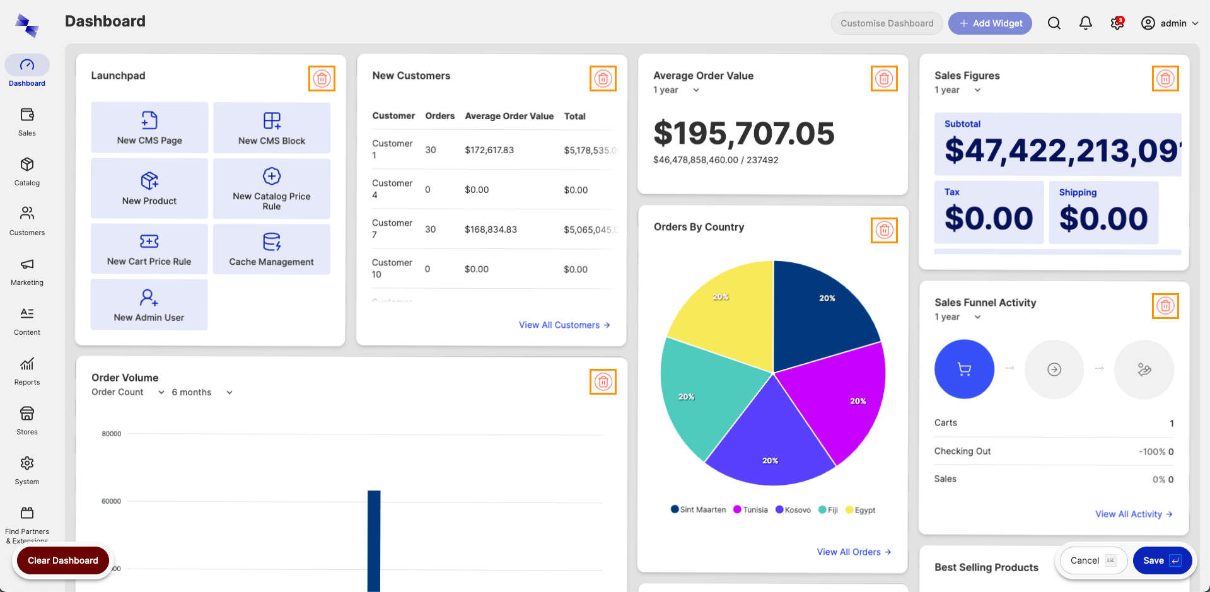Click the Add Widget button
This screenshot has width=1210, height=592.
pyautogui.click(x=990, y=23)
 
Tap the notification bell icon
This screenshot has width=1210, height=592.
pyautogui.click(x=1085, y=23)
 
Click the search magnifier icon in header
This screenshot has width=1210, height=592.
pyautogui.click(x=1054, y=23)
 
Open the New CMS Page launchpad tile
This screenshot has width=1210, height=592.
pyautogui.click(x=149, y=128)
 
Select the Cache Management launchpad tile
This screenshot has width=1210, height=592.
pyautogui.click(x=271, y=249)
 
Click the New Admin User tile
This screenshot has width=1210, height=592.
pyautogui.click(x=149, y=305)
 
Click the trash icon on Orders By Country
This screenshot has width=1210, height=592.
pyautogui.click(x=884, y=230)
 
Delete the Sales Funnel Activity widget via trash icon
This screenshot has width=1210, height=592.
pyautogui.click(x=1165, y=306)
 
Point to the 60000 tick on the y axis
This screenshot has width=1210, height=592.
pyautogui.click(x=112, y=501)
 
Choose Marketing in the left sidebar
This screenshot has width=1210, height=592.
pyautogui.click(x=27, y=271)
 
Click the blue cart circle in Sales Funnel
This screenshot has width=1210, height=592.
pyautogui.click(x=964, y=369)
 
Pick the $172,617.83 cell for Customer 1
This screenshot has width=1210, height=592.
pyautogui.click(x=489, y=150)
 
